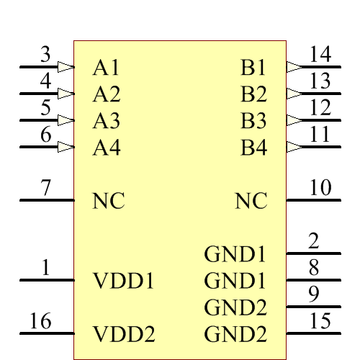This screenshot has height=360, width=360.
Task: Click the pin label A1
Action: pyautogui.click(x=106, y=68)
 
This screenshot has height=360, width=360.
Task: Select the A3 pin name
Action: pyautogui.click(x=106, y=121)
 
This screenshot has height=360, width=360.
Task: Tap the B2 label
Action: pyautogui.click(x=253, y=94)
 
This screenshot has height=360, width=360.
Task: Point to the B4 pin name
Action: pyautogui.click(x=253, y=148)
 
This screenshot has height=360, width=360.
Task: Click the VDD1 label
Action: pyautogui.click(x=124, y=281)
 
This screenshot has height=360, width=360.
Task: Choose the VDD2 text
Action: pyautogui.click(x=124, y=334)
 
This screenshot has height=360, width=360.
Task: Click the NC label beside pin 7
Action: pyautogui.click(x=109, y=202)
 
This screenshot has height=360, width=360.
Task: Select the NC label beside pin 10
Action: pyautogui.click(x=251, y=202)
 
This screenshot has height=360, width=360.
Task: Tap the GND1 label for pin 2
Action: pyautogui.click(x=235, y=254)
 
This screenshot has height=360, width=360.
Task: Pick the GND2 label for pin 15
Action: pyautogui.click(x=235, y=334)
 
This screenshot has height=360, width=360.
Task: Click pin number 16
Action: pyautogui.click(x=40, y=321)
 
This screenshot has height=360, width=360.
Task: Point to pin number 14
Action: pyautogui.click(x=320, y=54)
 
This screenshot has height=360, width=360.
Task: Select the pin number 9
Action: pyautogui.click(x=314, y=294)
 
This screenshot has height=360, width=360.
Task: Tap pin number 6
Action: pyautogui.click(x=46, y=134)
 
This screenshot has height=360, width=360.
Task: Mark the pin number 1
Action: pyautogui.click(x=46, y=269)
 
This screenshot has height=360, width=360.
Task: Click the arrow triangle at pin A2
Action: pyautogui.click(x=66, y=94)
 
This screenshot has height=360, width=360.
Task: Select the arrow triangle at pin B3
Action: pyautogui.click(x=294, y=120)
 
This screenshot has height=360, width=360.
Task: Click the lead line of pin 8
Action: pyautogui.click(x=314, y=280)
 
